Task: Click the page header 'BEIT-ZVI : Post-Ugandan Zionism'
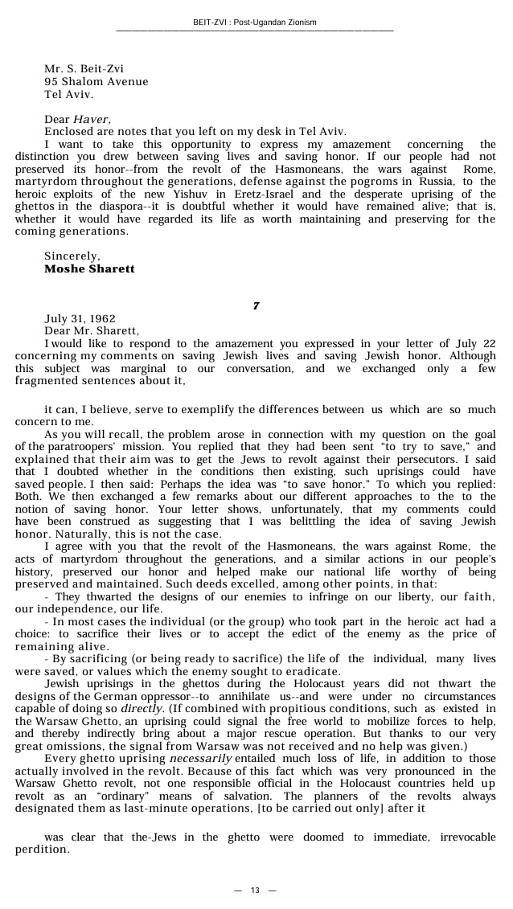[256, 21]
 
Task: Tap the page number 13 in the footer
[255, 890]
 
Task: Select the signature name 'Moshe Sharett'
[89, 269]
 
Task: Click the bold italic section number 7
[256, 306]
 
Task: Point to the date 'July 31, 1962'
[80, 318]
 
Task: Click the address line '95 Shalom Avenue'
[96, 81]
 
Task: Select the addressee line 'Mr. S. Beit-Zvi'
[84, 69]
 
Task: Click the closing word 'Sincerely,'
[72, 256]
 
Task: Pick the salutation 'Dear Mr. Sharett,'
[92, 330]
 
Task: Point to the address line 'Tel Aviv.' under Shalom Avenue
[69, 93]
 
